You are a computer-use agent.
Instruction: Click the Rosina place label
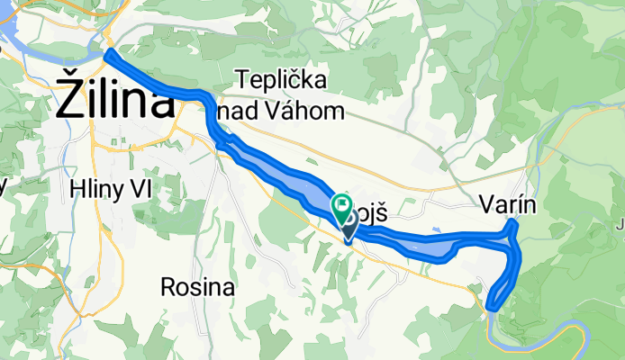[198, 288]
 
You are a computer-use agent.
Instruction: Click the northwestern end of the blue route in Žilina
[110, 55]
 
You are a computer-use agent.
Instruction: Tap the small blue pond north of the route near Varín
[435, 229]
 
